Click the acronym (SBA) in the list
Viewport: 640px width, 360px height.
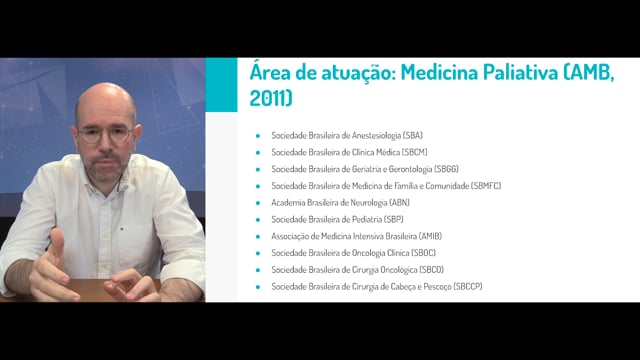tap(412, 135)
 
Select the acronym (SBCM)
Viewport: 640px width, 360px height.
tap(414, 152)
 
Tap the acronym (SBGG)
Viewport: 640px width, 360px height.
tap(446, 169)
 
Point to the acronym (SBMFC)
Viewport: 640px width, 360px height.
tap(486, 186)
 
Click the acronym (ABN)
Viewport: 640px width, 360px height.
tap(399, 202)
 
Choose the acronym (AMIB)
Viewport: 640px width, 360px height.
tap(430, 236)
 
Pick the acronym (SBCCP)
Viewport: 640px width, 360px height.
tap(468, 287)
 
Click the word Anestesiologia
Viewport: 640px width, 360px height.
tap(376, 136)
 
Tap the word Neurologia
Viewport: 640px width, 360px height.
tap(369, 203)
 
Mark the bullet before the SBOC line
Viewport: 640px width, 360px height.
tap(258, 253)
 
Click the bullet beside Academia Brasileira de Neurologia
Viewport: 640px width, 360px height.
tap(258, 203)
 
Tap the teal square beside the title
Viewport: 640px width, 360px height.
tap(221, 84)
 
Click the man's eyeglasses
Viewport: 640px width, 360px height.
tap(105, 134)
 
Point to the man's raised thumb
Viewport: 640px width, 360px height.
tap(57, 242)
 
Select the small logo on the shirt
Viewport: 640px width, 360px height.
tap(122, 229)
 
